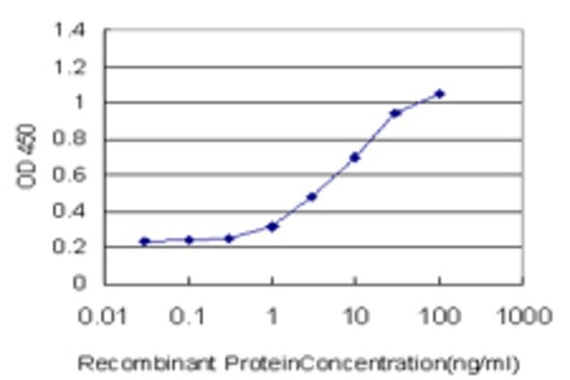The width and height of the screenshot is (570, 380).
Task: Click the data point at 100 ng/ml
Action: [x=439, y=93]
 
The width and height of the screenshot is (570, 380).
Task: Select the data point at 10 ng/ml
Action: [x=354, y=158]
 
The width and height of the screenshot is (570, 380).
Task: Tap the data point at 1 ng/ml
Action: [x=273, y=227]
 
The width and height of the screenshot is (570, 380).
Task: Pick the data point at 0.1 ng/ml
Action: [x=189, y=239]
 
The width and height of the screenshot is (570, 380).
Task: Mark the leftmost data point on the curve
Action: [x=144, y=241]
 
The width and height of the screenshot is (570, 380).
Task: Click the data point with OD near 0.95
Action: [x=395, y=113]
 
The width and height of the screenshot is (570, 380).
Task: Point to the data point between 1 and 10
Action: [x=312, y=197]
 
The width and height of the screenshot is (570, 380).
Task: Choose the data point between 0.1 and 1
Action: [x=229, y=239]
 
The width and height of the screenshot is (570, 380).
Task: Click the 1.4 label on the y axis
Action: [x=69, y=29]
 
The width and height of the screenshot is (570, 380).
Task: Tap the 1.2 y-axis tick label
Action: [x=69, y=67]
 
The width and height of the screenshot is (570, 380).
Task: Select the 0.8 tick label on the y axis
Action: [x=69, y=139]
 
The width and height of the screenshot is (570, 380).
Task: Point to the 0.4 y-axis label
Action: [x=69, y=210]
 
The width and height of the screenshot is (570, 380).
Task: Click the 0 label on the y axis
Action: [x=79, y=282]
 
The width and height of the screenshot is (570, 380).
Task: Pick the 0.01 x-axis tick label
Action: [x=102, y=316]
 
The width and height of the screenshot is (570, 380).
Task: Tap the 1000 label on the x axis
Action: [x=525, y=316]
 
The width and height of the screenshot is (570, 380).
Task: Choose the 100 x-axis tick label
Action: [x=440, y=316]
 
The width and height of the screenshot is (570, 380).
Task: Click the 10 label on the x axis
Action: [x=356, y=316]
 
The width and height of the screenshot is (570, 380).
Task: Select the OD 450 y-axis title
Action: [x=27, y=156]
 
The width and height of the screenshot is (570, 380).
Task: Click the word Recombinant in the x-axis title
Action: [x=146, y=364]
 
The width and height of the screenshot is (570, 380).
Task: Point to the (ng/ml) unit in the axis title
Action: [x=483, y=364]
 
